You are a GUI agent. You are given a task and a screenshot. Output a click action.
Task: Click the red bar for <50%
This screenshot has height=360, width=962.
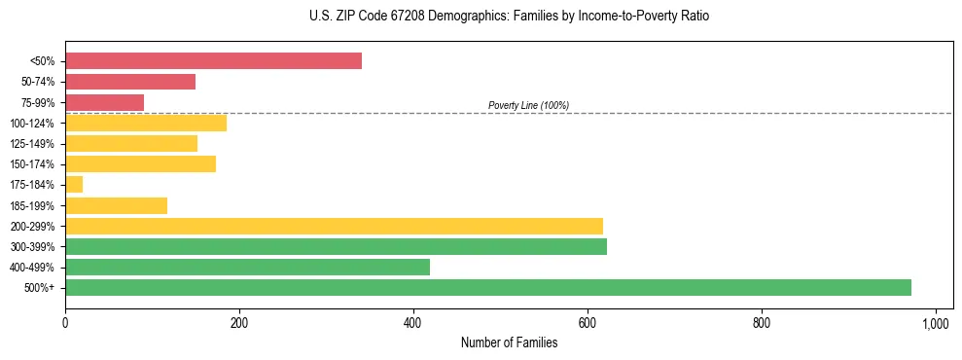point(213,61)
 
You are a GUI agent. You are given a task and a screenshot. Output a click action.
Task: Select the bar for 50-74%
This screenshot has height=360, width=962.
point(130,82)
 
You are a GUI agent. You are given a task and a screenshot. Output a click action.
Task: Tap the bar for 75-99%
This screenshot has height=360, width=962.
point(104,102)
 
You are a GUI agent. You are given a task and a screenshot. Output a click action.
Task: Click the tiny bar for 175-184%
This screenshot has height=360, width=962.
point(74,184)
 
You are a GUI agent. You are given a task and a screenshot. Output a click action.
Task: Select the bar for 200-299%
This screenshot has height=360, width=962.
point(334,226)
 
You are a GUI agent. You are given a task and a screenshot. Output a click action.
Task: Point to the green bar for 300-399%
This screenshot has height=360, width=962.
point(336,246)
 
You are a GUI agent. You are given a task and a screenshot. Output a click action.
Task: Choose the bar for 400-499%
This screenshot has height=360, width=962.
point(247,267)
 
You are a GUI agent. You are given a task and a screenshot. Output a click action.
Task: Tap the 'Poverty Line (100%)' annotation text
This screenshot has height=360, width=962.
point(528,105)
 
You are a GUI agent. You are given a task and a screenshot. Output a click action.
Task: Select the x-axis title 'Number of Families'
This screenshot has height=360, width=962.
point(509,342)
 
